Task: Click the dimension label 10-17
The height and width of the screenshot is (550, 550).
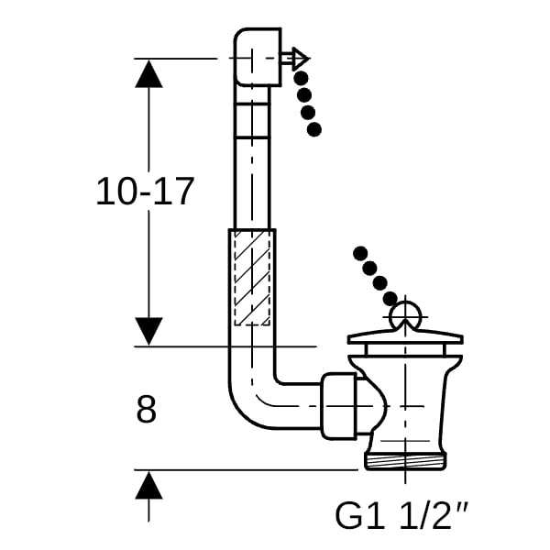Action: click(x=146, y=192)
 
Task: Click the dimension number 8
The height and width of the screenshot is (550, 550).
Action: click(x=146, y=410)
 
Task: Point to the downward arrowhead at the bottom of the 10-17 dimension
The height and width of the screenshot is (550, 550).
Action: click(x=148, y=331)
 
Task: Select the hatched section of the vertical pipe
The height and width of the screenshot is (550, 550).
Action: click(x=251, y=278)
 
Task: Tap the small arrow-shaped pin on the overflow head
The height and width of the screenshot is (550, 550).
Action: click(x=298, y=60)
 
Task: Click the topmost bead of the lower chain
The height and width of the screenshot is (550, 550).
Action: click(x=359, y=252)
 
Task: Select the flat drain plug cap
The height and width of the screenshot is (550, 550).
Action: click(x=403, y=341)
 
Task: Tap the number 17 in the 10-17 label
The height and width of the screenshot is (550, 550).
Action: click(x=175, y=192)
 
